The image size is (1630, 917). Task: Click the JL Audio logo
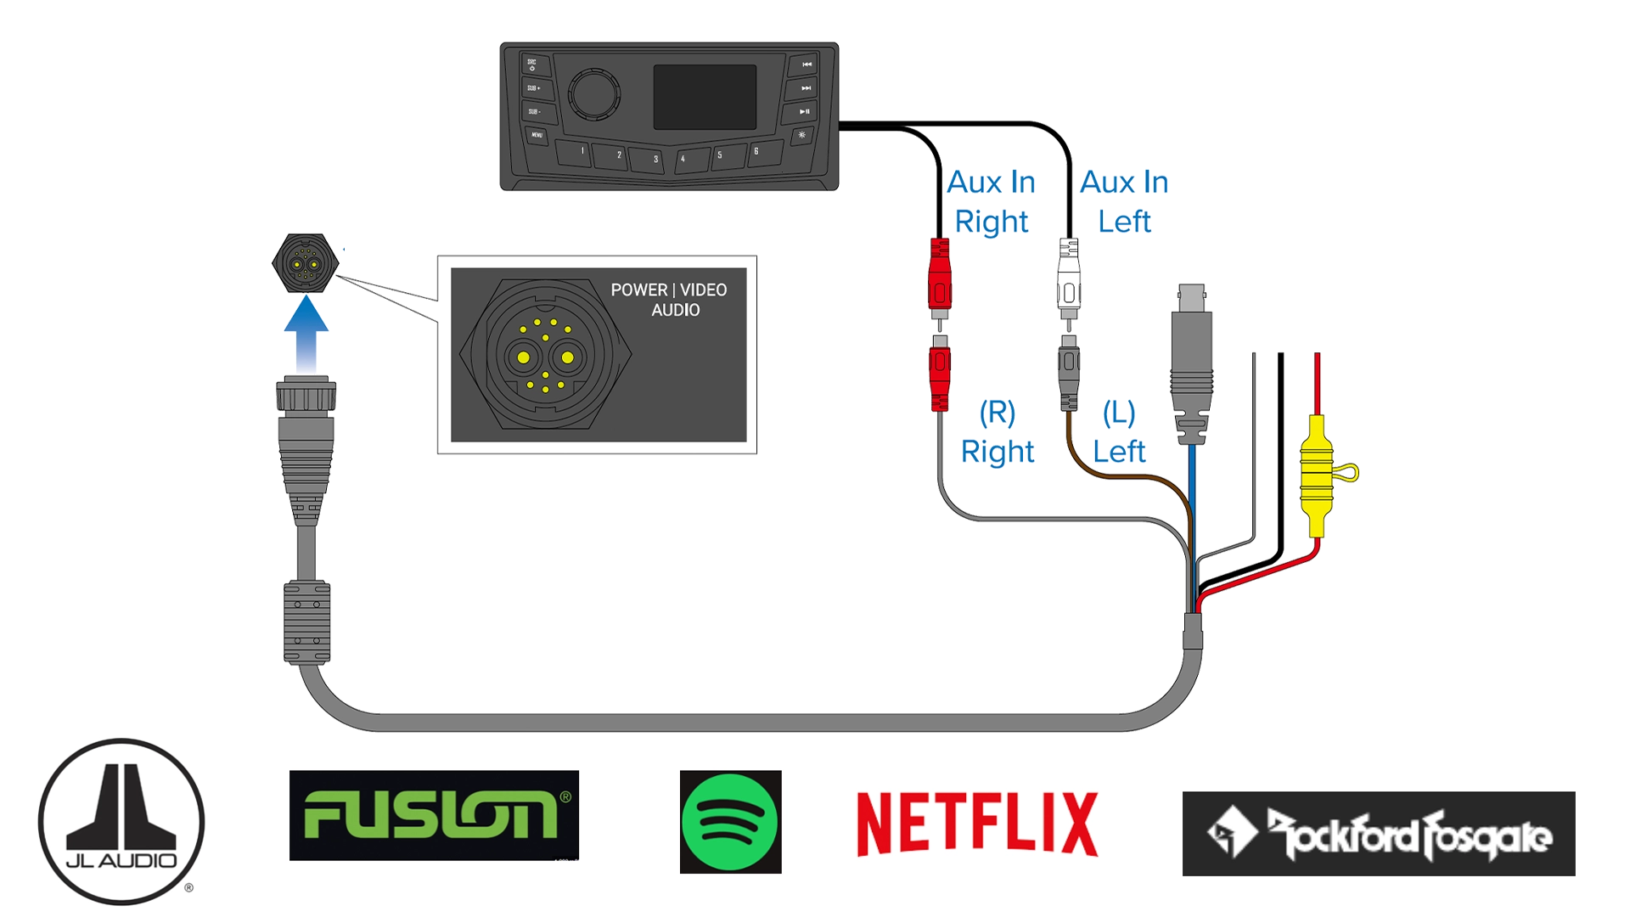coord(121,820)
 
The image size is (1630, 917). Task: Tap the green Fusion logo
coord(434,815)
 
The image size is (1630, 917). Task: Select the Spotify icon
coord(730,821)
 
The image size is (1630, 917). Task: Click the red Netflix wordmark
coord(977,824)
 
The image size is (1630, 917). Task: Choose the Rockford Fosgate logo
coord(1378,833)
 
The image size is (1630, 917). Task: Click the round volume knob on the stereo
coord(593,93)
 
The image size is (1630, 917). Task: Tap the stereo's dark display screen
coord(704,97)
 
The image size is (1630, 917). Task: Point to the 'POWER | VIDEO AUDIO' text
coord(669,300)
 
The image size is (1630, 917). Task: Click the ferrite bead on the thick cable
coord(306,622)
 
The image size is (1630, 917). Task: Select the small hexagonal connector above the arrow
coord(306,263)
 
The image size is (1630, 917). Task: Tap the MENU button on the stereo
coord(537,135)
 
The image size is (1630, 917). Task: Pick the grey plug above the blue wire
coord(1190,361)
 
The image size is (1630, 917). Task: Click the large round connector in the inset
coord(545,354)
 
